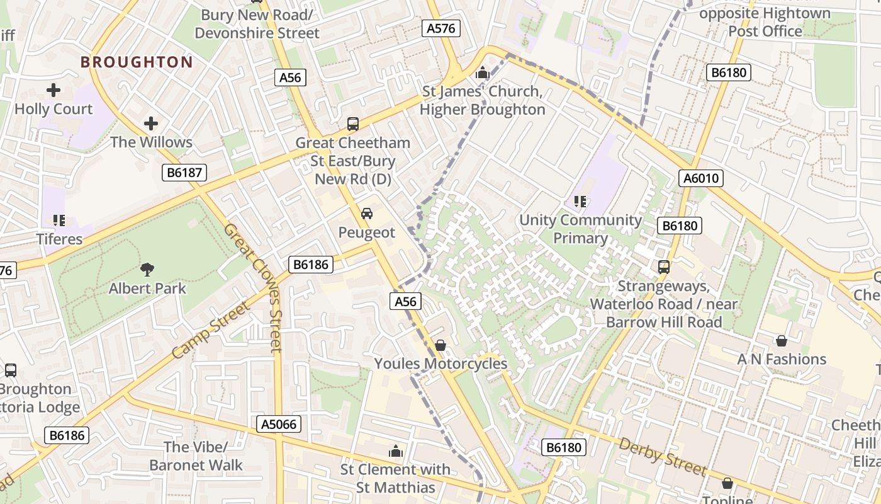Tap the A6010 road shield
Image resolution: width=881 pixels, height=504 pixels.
point(701,178)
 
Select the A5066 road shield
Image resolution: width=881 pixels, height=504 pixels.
point(280,424)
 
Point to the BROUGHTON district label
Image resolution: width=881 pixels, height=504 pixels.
point(137,62)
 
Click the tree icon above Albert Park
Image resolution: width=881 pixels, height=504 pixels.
point(147,270)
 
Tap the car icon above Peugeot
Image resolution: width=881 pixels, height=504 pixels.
point(366,214)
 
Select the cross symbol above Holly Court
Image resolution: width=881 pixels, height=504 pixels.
point(53,91)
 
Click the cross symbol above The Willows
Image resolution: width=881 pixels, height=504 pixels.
point(151,123)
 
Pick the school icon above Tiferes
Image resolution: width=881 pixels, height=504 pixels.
point(59,220)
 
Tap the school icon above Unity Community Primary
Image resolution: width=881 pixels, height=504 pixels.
point(580,202)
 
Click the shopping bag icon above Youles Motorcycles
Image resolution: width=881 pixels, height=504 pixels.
point(441,345)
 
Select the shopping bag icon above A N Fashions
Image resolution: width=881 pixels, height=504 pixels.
point(782,341)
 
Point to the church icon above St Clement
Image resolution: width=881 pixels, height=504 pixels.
point(396,451)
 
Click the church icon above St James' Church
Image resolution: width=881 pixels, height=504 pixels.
point(483,73)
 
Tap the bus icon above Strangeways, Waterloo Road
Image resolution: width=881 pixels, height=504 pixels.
point(664,266)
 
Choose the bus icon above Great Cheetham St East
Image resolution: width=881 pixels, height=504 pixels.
point(353,124)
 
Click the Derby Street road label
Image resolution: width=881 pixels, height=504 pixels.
point(663,456)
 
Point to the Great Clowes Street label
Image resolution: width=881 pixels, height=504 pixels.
point(252,287)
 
